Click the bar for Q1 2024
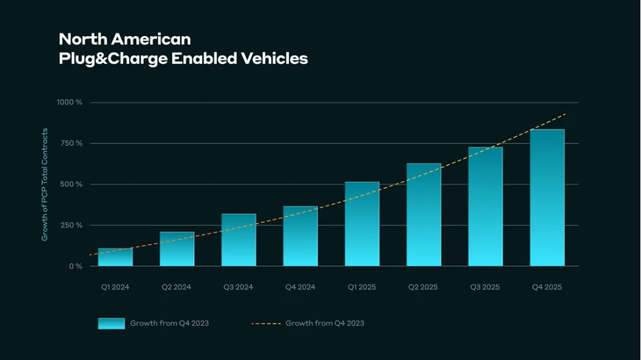(x=115, y=257)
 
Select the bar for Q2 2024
(x=177, y=249)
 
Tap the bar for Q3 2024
(x=238, y=240)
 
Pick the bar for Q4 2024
(x=300, y=236)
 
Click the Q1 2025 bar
(x=362, y=224)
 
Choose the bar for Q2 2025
(x=423, y=215)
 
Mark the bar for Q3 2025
(x=485, y=207)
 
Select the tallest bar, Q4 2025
(x=546, y=198)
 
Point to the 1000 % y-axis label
(x=69, y=102)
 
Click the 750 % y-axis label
(x=71, y=143)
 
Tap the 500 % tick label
(x=71, y=184)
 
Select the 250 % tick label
(x=71, y=225)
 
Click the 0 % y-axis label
(x=75, y=266)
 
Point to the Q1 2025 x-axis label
(x=362, y=287)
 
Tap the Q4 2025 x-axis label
(x=546, y=287)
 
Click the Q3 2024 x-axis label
(x=238, y=287)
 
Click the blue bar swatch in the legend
(x=111, y=323)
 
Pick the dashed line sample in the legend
(x=266, y=323)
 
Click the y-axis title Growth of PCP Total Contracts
(x=45, y=184)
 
